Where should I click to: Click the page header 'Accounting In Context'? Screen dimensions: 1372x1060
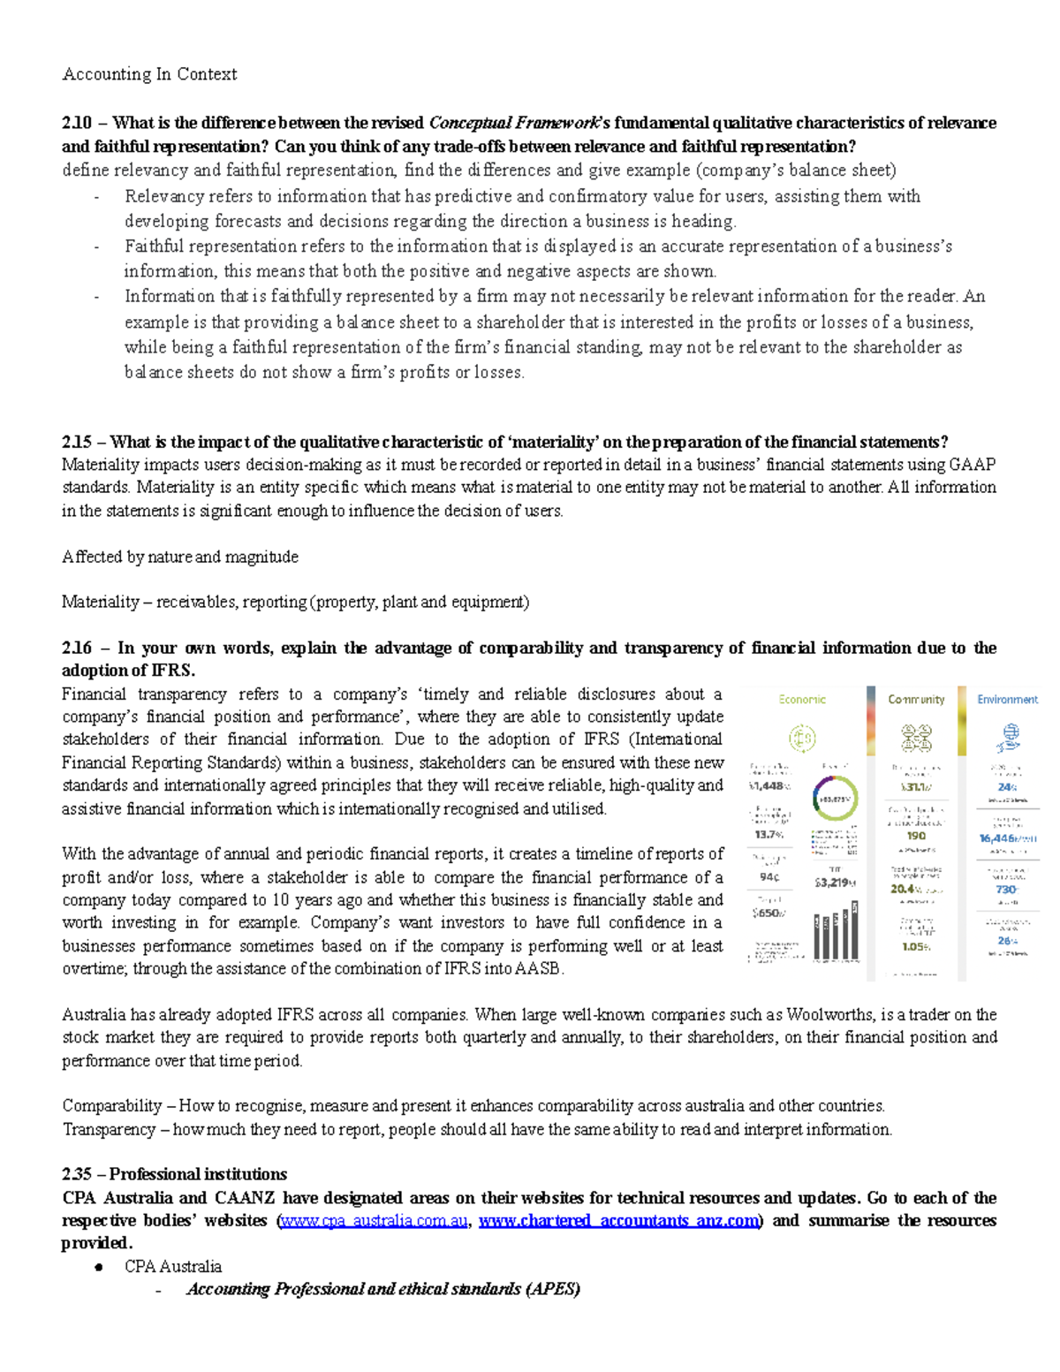(149, 74)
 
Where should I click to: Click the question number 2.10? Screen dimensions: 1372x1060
(77, 123)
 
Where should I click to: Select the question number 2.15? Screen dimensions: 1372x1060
(77, 442)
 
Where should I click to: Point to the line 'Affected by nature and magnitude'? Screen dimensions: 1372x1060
(180, 557)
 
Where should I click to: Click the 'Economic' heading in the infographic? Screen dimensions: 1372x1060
(802, 700)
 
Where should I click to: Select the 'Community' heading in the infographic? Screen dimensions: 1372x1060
(916, 700)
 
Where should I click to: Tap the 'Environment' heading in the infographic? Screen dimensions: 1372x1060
(1007, 700)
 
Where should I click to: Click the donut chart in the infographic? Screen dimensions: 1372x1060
(834, 799)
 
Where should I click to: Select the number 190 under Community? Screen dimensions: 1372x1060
(916, 836)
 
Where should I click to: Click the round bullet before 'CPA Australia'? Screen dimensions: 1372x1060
(100, 1267)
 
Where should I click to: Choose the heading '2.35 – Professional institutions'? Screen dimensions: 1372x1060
(174, 1174)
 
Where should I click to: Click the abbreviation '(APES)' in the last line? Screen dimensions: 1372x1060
(553, 1289)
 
